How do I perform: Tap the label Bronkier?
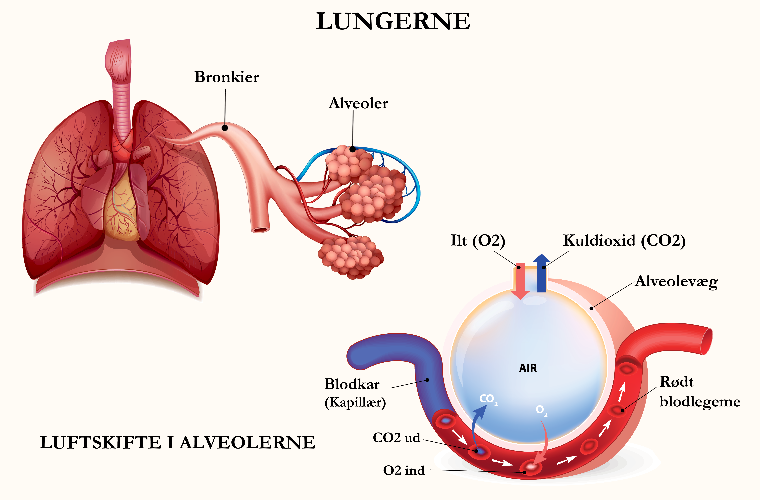[x=226, y=77]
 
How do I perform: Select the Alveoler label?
[x=358, y=103]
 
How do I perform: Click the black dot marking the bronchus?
[x=225, y=128]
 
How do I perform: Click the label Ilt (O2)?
[x=478, y=241]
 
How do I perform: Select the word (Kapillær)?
[x=355, y=402]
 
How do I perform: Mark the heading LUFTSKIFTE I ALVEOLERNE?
[x=177, y=443]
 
